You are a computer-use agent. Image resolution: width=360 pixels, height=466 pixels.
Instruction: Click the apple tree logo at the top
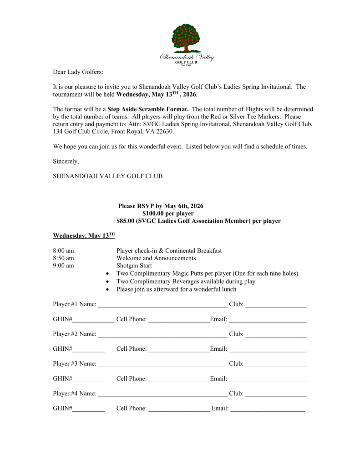point(186,39)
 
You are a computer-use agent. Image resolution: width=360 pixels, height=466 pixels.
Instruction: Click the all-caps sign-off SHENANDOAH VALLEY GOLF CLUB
point(107,176)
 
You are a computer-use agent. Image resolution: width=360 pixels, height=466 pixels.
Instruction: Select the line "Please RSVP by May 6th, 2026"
point(161,206)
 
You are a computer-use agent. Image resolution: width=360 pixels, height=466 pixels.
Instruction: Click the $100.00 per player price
point(168,213)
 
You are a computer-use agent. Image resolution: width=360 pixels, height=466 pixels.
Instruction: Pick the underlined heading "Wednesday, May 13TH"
point(84,236)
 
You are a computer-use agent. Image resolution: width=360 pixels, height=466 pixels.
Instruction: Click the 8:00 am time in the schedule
point(63,251)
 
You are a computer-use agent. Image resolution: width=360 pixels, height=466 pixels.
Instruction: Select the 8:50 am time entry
point(63,258)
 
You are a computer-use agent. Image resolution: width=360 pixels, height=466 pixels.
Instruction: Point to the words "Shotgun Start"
point(134,266)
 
